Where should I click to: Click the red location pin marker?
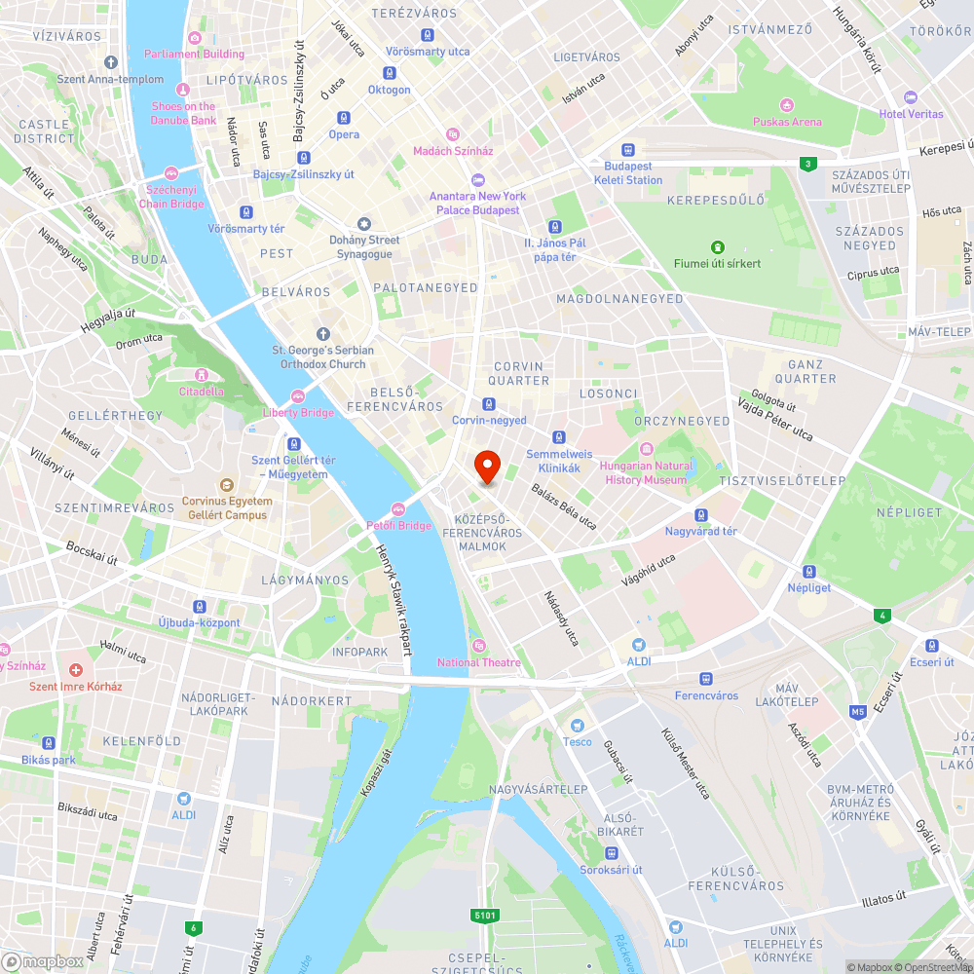point(487,467)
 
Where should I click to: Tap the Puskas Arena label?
point(787,122)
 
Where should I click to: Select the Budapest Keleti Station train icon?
point(628,150)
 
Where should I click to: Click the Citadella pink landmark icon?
point(201,375)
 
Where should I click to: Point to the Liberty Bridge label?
point(298,413)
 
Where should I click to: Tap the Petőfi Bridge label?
point(398,526)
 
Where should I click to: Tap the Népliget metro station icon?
point(808,572)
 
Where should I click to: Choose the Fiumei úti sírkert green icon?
point(718,247)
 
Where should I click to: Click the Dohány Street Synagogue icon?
point(364,224)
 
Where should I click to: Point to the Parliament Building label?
point(195,54)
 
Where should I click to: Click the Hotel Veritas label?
point(911,114)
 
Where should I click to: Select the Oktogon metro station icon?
point(390,73)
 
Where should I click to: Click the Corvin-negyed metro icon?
point(489,404)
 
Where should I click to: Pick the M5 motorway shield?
point(857,712)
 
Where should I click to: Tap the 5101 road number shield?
point(485,916)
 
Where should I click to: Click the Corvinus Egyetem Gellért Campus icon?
point(226,484)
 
